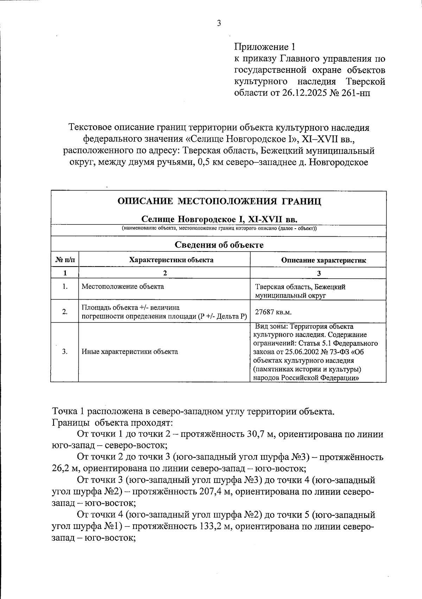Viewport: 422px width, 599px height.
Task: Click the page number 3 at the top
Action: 219,24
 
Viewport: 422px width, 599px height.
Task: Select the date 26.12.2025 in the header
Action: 306,93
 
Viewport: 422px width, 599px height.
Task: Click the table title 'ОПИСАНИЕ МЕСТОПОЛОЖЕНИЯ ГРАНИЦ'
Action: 219,201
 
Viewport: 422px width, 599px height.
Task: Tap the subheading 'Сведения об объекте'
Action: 219,245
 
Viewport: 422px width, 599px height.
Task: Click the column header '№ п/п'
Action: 65,260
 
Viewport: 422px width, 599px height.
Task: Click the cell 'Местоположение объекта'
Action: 123,286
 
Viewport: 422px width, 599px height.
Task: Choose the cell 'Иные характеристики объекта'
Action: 129,351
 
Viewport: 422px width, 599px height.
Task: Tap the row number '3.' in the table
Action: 65,351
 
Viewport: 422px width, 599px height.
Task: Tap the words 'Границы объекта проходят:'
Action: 112,422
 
